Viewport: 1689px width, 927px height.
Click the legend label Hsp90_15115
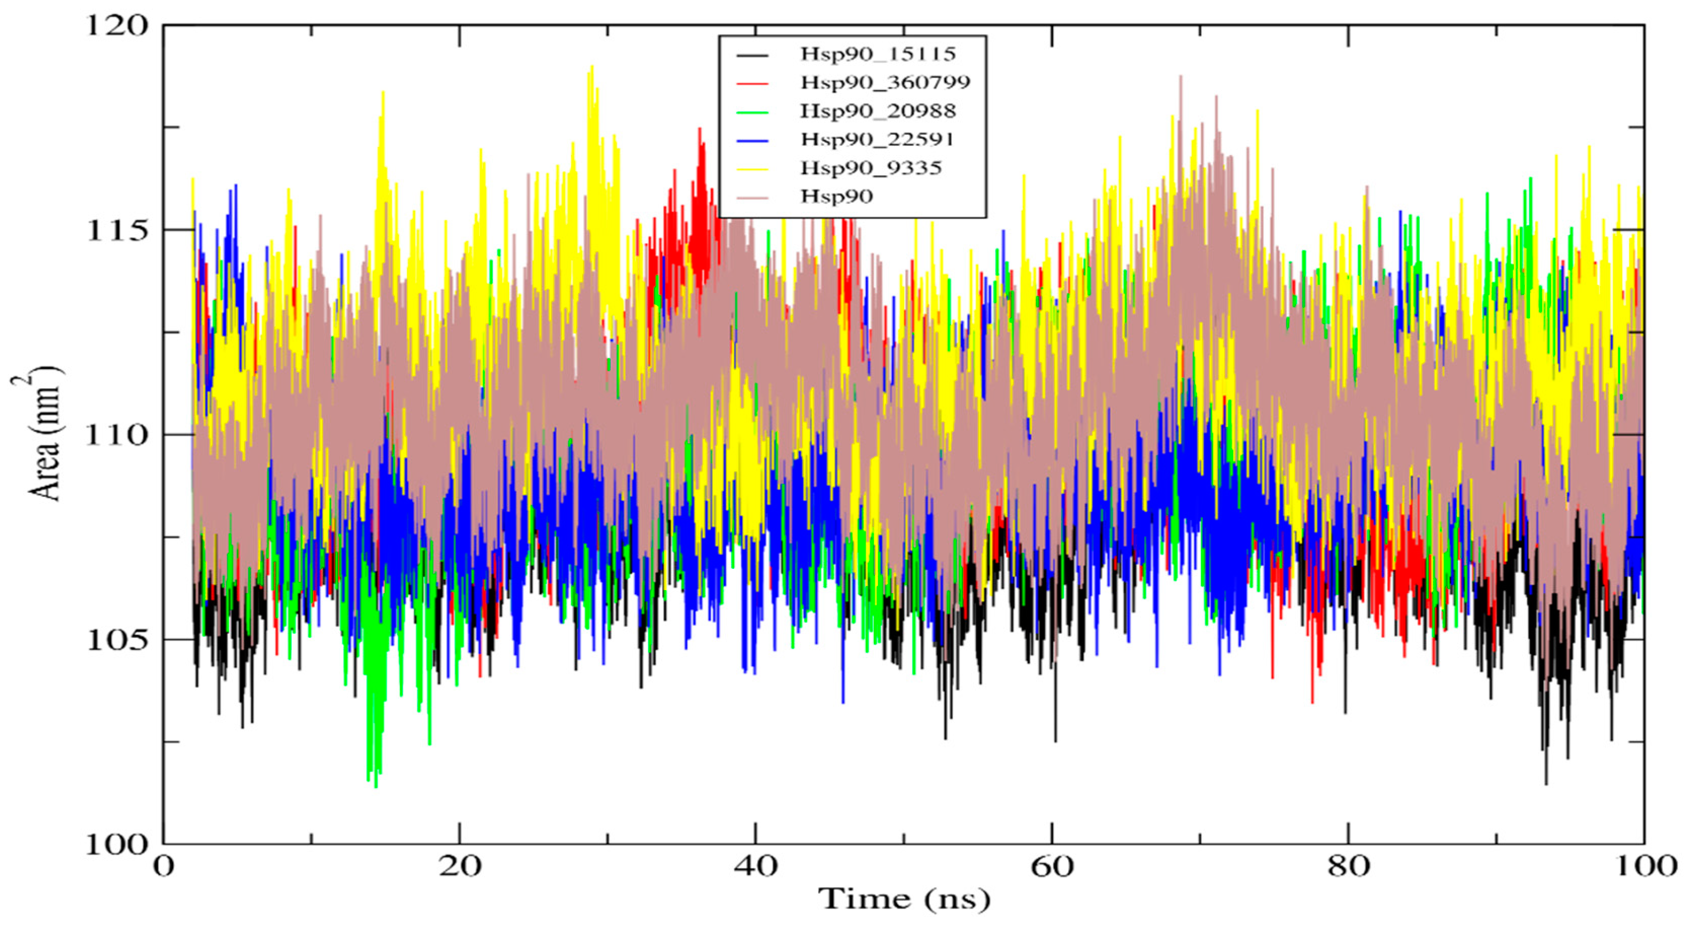click(x=878, y=54)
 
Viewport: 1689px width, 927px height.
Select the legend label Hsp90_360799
click(x=885, y=83)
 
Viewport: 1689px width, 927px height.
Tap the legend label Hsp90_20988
click(x=878, y=111)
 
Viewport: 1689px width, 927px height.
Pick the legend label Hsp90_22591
click(x=878, y=139)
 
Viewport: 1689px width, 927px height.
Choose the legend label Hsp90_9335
click(x=871, y=168)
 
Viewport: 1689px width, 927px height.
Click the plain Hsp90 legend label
click(x=836, y=196)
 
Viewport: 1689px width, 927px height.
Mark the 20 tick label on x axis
click(x=460, y=867)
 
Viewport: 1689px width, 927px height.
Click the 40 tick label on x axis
click(x=756, y=867)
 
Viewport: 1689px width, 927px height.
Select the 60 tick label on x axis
click(x=1052, y=867)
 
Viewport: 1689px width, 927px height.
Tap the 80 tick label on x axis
click(x=1348, y=867)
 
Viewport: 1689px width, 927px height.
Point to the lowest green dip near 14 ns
click(x=375, y=786)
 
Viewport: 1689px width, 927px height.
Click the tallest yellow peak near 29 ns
click(x=592, y=66)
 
